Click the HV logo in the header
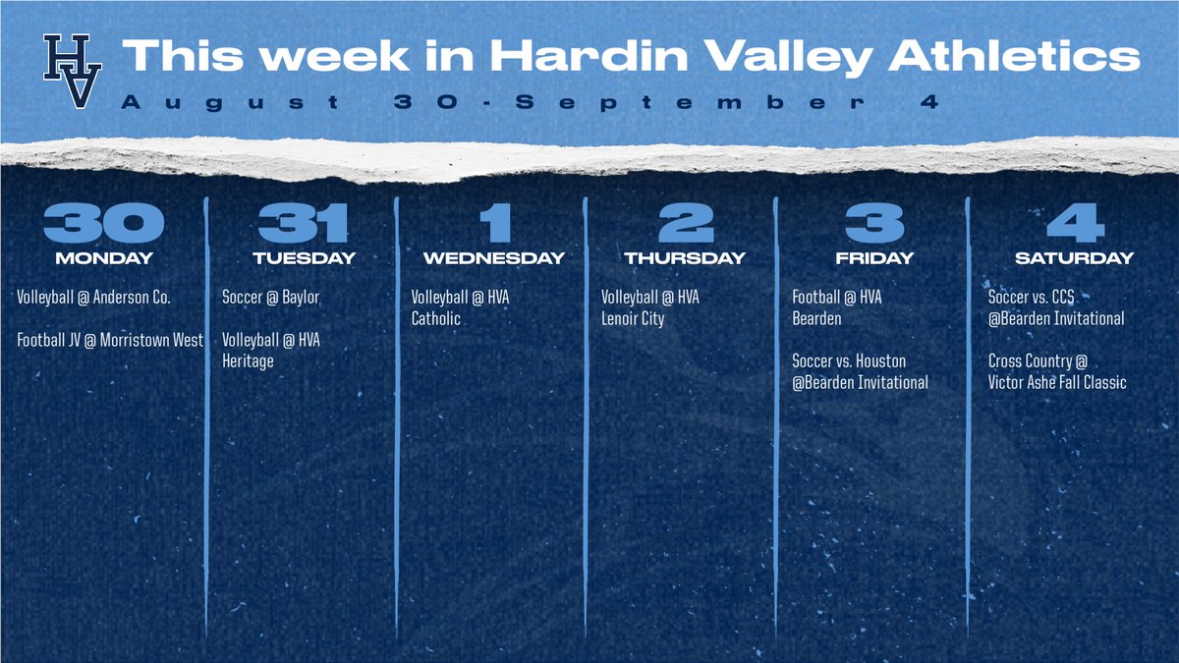68,71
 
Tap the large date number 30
103,224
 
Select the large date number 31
304,224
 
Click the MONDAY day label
104,258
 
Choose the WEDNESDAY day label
493,258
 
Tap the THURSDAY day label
685,258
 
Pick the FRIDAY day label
874,258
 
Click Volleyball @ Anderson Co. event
94,297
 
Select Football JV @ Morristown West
110,340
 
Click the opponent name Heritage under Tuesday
248,361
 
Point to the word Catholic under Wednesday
435,318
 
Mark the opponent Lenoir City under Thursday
633,318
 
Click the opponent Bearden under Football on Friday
816,318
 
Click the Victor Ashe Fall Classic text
1057,383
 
